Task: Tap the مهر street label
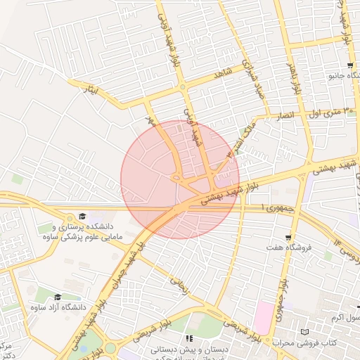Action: [x=149, y=120]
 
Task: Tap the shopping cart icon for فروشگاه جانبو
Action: [x=349, y=65]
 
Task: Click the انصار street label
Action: [x=290, y=115]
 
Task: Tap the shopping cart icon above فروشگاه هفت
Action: [x=288, y=237]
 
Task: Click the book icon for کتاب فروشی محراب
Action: [x=304, y=332]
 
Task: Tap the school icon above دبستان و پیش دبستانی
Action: [x=189, y=338]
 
